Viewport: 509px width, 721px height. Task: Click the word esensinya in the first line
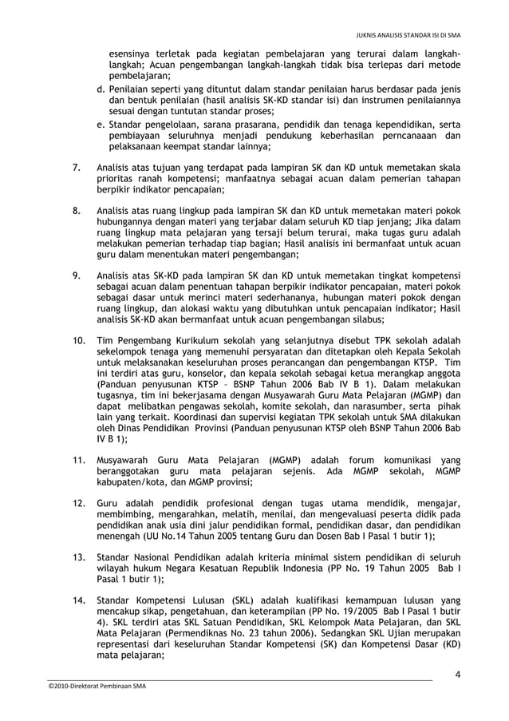point(132,53)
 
